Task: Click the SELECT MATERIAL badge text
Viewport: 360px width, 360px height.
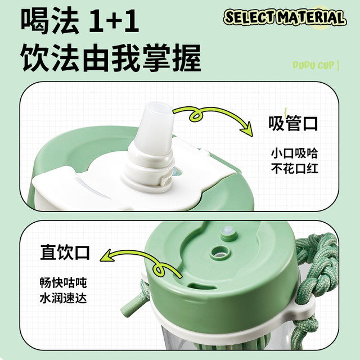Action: [285, 17]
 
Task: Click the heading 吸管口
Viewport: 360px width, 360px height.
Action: [293, 124]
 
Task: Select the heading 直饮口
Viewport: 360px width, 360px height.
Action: [65, 253]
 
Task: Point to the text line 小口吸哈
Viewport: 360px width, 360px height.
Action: [294, 153]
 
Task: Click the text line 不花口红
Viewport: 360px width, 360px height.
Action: [294, 169]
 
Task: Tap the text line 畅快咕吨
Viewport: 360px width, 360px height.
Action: [63, 282]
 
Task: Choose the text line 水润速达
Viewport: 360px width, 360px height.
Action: [63, 298]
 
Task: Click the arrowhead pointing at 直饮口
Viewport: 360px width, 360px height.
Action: [106, 256]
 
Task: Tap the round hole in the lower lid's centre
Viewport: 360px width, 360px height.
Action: [220, 252]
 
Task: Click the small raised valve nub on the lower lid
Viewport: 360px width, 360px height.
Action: [228, 232]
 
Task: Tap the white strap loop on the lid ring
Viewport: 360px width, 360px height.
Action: [303, 305]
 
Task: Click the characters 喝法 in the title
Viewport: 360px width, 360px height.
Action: [50, 20]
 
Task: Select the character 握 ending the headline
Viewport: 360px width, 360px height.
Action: [187, 57]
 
